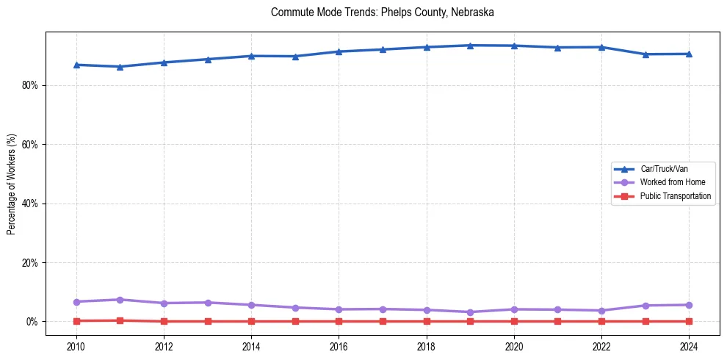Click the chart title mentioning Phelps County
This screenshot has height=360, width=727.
point(382,12)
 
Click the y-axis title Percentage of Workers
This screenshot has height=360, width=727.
point(12,184)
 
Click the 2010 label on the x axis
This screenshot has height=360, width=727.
point(76,345)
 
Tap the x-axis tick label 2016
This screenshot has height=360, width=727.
point(339,345)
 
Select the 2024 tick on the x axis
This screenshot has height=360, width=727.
point(689,345)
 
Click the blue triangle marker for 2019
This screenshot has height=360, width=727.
point(470,46)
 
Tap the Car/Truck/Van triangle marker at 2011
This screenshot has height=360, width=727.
point(120,67)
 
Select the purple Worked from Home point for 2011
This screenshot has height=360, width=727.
point(120,300)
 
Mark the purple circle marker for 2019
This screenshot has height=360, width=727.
point(470,312)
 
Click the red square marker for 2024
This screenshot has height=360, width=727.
point(689,321)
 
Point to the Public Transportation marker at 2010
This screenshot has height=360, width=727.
point(76,321)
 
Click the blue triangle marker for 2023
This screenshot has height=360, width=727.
point(645,54)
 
